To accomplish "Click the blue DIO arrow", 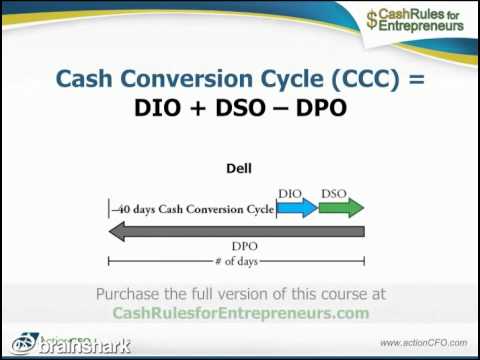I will coord(297,208).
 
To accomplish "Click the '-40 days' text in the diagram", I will coord(135,210).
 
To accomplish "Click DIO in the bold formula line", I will coord(161,108).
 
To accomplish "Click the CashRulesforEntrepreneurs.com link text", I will coord(240,313).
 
